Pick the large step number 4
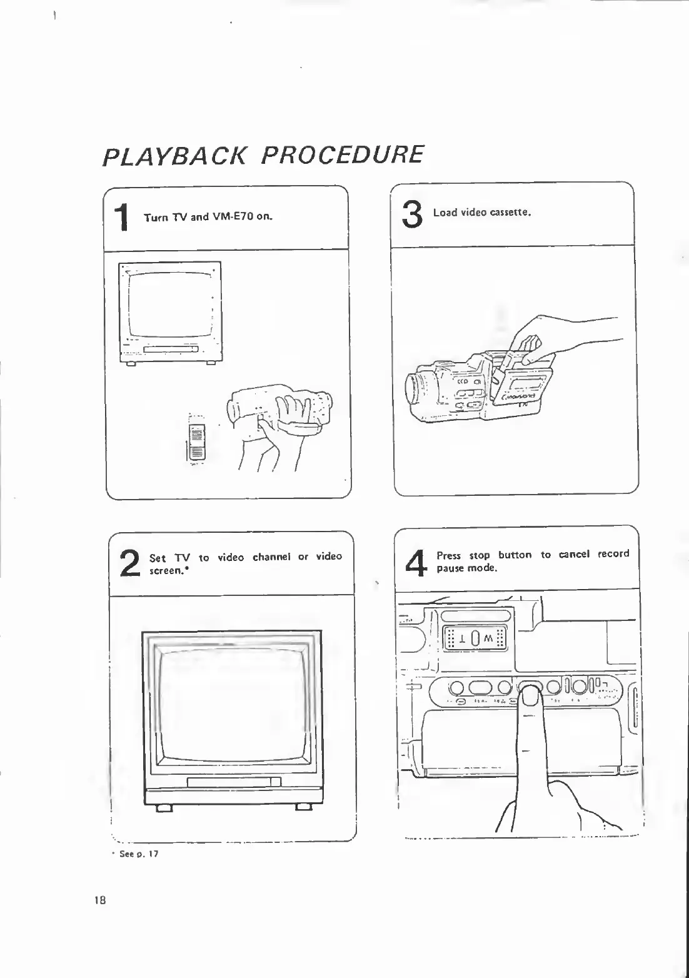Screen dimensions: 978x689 [416, 561]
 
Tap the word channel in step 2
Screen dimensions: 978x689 [271, 557]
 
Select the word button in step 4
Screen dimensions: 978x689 [515, 555]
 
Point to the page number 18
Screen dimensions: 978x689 [99, 900]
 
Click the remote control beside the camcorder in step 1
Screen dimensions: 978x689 [196, 441]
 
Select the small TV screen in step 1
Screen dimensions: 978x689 [169, 305]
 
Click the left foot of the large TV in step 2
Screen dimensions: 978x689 [164, 809]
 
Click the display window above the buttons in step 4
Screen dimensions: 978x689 [475, 638]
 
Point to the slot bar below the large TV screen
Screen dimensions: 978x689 [234, 782]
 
